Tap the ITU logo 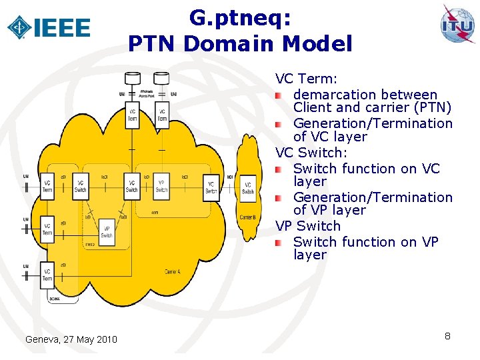457,25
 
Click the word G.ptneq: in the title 240,17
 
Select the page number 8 447,336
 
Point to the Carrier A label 173,271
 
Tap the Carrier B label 247,218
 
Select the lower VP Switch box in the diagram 107,231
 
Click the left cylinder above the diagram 133,79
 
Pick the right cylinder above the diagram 161,79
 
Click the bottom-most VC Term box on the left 47,273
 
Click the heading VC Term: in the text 307,79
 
